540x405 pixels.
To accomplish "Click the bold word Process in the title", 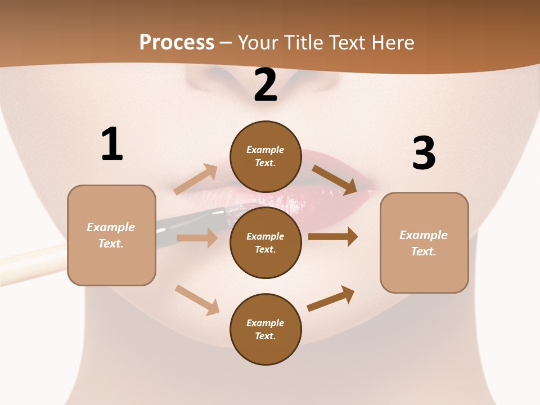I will pyautogui.click(x=177, y=43).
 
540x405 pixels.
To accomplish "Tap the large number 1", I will pyautogui.click(x=111, y=144).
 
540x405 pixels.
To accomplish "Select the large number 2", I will pyautogui.click(x=265, y=85).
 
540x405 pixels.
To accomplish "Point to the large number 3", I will pyautogui.click(x=424, y=153).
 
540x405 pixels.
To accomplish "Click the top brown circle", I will pyautogui.click(x=265, y=156).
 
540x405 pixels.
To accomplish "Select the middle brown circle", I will pyautogui.click(x=265, y=242).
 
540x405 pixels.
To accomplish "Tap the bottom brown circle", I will pyautogui.click(x=265, y=329).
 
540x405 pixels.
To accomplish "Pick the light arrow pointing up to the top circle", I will pyautogui.click(x=196, y=179).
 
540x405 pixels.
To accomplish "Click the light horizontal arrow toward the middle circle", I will pyautogui.click(x=197, y=238).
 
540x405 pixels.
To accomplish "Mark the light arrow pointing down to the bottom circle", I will pyautogui.click(x=197, y=300).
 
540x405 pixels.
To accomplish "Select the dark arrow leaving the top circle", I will pyautogui.click(x=334, y=179).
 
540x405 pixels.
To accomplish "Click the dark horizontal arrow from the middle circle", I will pyautogui.click(x=333, y=237).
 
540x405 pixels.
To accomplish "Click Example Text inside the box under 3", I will pyautogui.click(x=424, y=243).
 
